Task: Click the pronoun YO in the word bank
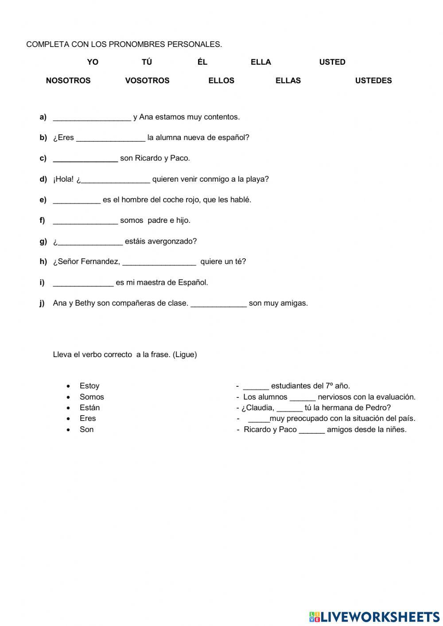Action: click(93, 62)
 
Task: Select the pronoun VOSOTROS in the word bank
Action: click(147, 81)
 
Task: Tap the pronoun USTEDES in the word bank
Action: click(373, 81)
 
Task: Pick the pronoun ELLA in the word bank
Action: click(260, 62)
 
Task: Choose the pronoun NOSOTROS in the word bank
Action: click(68, 81)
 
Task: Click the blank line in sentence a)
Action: click(92, 118)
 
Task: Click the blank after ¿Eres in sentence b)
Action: click(111, 138)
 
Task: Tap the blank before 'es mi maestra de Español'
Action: click(83, 283)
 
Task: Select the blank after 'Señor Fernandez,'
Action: click(159, 262)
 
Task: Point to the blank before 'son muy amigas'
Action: click(218, 304)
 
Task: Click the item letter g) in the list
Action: click(43, 241)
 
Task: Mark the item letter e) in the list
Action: click(43, 200)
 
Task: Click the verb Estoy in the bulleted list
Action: click(89, 386)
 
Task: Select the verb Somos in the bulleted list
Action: click(92, 397)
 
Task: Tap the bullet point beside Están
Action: click(69, 408)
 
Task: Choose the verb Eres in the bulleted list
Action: click(88, 418)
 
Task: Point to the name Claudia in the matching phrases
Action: click(260, 408)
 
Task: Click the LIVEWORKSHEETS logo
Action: click(374, 617)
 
